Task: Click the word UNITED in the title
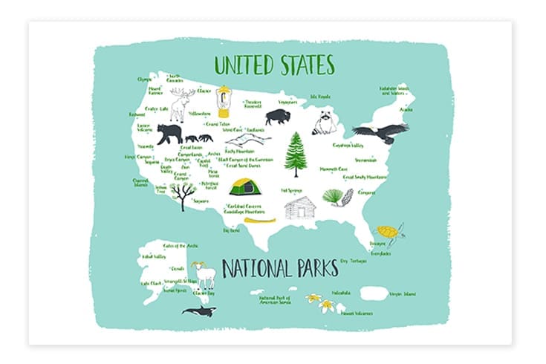(x=241, y=65)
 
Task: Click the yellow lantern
(x=223, y=101)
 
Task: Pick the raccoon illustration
(x=325, y=123)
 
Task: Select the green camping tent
(x=243, y=186)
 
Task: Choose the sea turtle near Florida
(x=389, y=233)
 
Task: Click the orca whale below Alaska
(x=198, y=311)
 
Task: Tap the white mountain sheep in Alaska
(x=203, y=276)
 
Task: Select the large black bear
(x=169, y=134)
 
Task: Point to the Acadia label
(x=406, y=109)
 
